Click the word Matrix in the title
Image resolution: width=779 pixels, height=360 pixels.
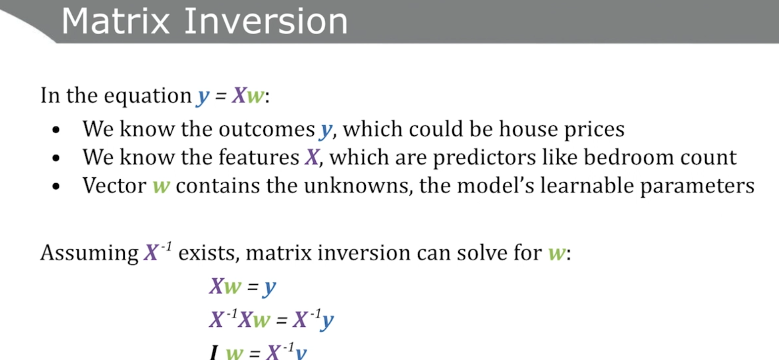[x=115, y=22]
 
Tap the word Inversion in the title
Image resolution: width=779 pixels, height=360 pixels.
[x=266, y=22]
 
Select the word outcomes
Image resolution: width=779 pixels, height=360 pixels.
[x=267, y=129]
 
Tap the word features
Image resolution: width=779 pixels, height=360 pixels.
[x=259, y=157]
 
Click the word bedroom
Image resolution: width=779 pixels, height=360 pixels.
[x=629, y=157]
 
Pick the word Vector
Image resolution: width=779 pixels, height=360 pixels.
[x=114, y=185]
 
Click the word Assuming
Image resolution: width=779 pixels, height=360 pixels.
[x=90, y=254]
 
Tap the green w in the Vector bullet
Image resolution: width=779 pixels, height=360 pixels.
[x=161, y=187]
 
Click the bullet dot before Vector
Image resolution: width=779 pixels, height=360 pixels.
[x=56, y=187]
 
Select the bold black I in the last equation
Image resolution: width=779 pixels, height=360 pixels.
[x=214, y=353]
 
